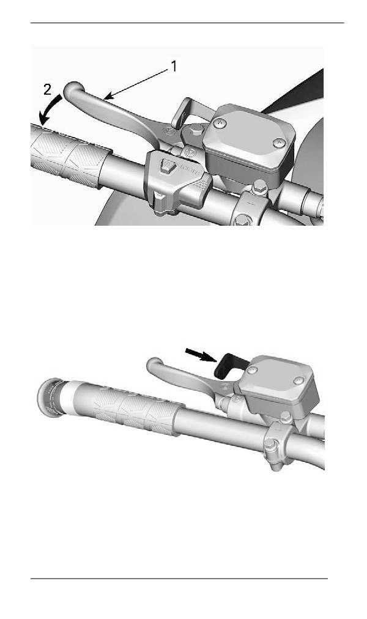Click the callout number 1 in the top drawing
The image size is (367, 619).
(173, 66)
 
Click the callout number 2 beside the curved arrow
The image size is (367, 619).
(47, 90)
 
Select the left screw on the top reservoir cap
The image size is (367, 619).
(218, 122)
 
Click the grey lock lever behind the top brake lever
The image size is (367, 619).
(185, 112)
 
